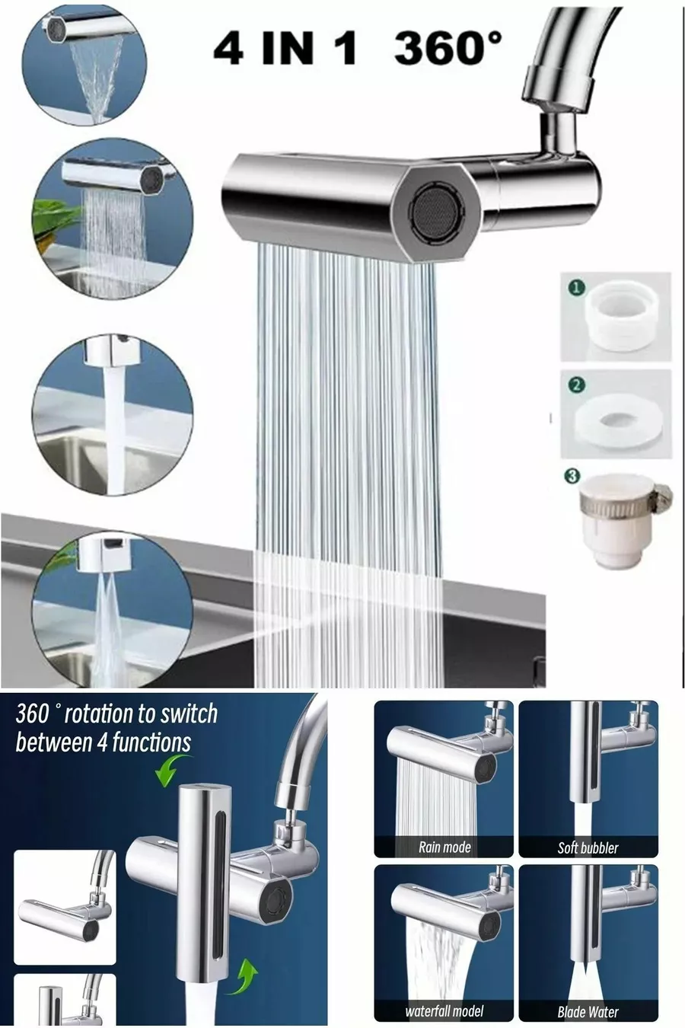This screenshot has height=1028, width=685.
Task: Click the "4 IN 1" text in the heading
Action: [285, 49]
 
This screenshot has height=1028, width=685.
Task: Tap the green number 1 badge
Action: [577, 288]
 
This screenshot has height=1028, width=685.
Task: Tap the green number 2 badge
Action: [577, 385]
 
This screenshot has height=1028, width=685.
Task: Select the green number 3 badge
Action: [572, 477]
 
